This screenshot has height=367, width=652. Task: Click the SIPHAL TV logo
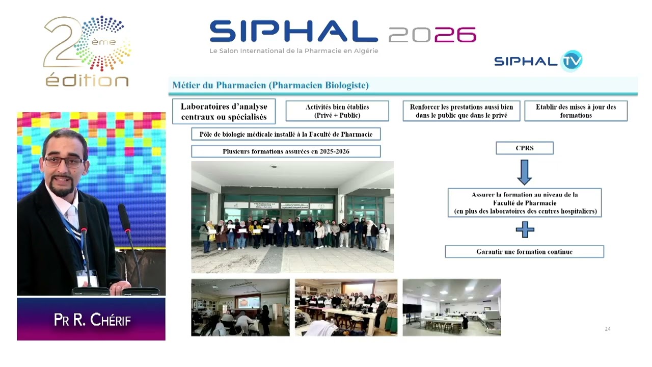point(538,61)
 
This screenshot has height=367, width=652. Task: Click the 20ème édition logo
point(87,51)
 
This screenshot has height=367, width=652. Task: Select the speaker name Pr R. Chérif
point(92,320)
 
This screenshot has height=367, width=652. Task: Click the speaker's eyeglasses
point(64,162)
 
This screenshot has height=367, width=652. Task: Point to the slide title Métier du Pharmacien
point(270,85)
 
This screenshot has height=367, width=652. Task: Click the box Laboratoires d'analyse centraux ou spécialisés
point(224,111)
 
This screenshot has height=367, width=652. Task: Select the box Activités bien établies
point(337,111)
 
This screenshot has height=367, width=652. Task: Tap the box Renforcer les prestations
point(461,111)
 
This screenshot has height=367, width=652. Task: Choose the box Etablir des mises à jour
point(576,111)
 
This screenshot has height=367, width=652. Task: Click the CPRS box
point(524,148)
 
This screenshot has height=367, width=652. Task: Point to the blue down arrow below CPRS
point(524,172)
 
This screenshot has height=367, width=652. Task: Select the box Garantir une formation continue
point(524,252)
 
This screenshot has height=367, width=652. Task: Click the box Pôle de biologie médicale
point(286,134)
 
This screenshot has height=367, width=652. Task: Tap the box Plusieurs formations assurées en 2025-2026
point(286,151)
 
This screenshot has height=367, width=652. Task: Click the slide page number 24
point(607,329)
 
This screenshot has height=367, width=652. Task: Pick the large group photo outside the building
point(292,217)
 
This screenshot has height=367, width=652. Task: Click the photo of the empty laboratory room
point(451,307)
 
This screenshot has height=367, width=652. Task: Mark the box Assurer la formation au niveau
point(524,202)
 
